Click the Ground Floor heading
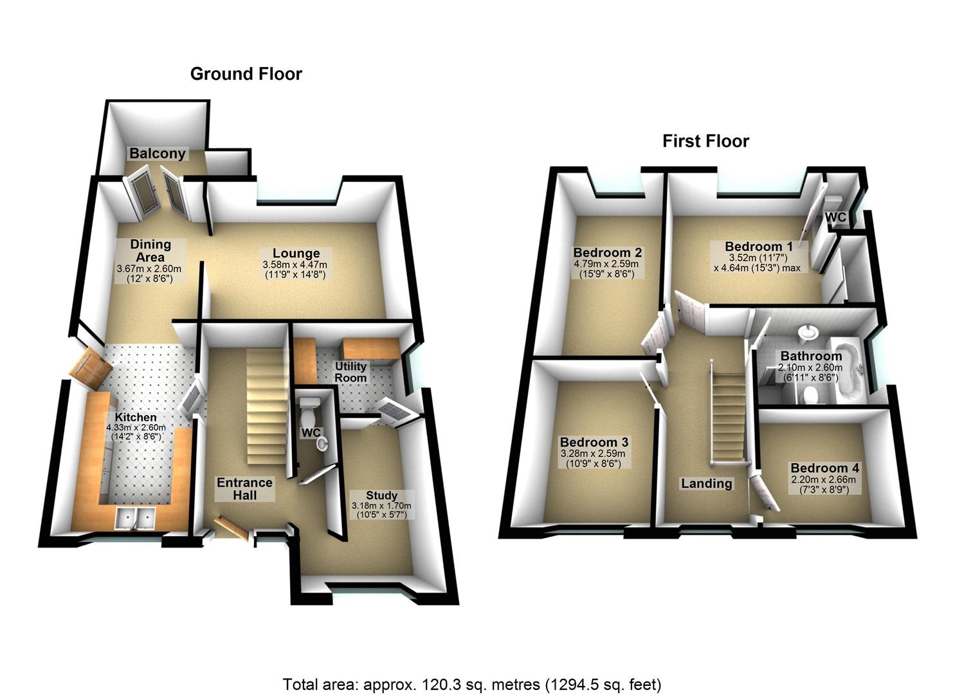pyautogui.click(x=246, y=74)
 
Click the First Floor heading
pyautogui.click(x=705, y=141)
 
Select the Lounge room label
pyautogui.click(x=295, y=253)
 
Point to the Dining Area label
pyautogui.click(x=150, y=250)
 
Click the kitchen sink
pyautogui.click(x=135, y=517)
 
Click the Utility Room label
pyautogui.click(x=350, y=372)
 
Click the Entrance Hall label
pyautogui.click(x=244, y=488)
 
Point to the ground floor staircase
pyautogui.click(x=266, y=405)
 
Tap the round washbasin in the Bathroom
pyautogui.click(x=808, y=333)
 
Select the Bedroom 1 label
pyautogui.click(x=758, y=246)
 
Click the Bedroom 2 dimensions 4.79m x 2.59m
pyautogui.click(x=606, y=264)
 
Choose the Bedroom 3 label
pyautogui.click(x=594, y=442)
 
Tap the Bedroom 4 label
pyautogui.click(x=824, y=468)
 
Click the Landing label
pyautogui.click(x=706, y=483)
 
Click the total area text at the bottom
pyautogui.click(x=471, y=683)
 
